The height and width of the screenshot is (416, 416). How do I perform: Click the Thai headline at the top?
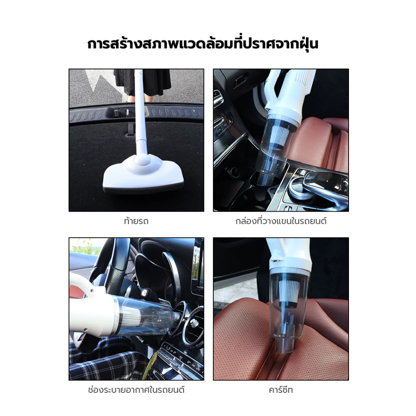pyautogui.click(x=203, y=44)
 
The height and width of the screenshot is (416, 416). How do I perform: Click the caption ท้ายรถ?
pyautogui.click(x=136, y=221)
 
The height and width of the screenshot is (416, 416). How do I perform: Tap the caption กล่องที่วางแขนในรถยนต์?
pyautogui.click(x=281, y=221)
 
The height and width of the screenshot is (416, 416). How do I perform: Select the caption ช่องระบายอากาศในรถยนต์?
pyautogui.click(x=136, y=390)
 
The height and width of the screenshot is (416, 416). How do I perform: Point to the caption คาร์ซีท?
pyautogui.click(x=281, y=390)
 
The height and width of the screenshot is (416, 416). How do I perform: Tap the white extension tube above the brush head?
pyautogui.click(x=141, y=111)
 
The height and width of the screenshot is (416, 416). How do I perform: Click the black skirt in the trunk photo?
pyautogui.click(x=142, y=82)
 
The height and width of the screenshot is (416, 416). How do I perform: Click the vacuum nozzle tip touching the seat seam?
pyautogui.click(x=284, y=346)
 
